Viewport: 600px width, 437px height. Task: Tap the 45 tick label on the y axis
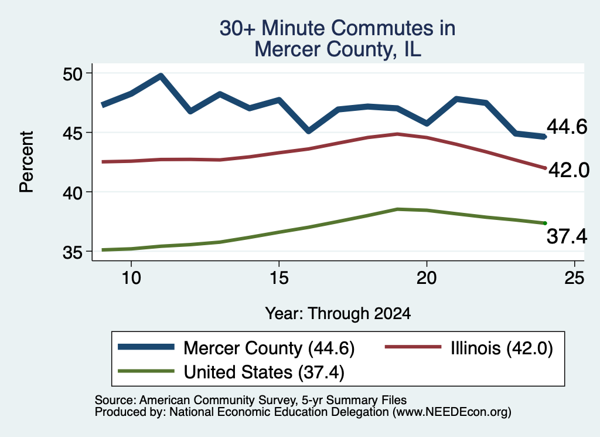click(72, 133)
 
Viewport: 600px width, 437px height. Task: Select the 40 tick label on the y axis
click(72, 192)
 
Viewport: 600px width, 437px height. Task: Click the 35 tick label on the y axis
click(72, 252)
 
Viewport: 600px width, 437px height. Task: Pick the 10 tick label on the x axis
click(131, 277)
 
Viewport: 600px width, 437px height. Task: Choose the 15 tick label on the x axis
click(279, 277)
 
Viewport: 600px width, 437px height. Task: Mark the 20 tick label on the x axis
click(427, 277)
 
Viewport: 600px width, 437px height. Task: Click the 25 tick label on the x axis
click(574, 277)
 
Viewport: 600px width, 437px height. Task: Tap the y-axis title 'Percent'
click(26, 162)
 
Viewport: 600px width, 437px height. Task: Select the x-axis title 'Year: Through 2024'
click(338, 314)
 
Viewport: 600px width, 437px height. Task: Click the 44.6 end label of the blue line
click(567, 126)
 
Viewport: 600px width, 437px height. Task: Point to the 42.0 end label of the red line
click(569, 170)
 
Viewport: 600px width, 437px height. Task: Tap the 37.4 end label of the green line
click(567, 236)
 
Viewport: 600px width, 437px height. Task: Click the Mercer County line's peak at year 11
click(161, 76)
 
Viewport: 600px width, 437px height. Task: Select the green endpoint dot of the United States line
click(545, 223)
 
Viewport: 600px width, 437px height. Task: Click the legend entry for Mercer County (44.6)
click(236, 348)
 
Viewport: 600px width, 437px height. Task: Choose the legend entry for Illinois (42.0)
click(469, 348)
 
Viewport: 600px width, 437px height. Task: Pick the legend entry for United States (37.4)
click(231, 372)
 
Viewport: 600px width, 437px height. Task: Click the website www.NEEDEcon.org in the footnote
click(452, 412)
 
